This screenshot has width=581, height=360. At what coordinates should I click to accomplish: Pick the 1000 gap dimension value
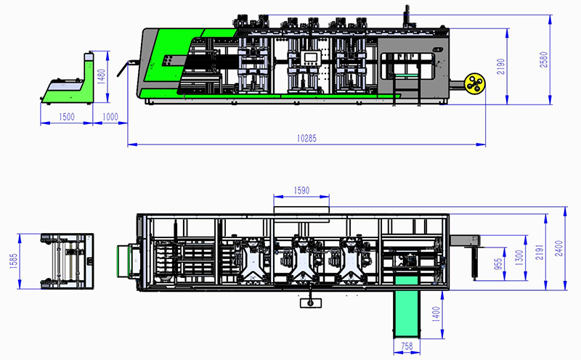[110, 118]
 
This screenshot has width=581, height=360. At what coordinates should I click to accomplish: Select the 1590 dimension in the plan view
[301, 192]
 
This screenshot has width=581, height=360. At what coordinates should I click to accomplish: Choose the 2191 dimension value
[539, 251]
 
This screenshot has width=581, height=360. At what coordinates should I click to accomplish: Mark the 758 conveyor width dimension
[407, 346]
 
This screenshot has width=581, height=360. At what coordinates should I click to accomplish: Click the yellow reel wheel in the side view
[475, 83]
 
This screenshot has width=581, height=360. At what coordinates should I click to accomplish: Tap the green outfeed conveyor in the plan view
[407, 311]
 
